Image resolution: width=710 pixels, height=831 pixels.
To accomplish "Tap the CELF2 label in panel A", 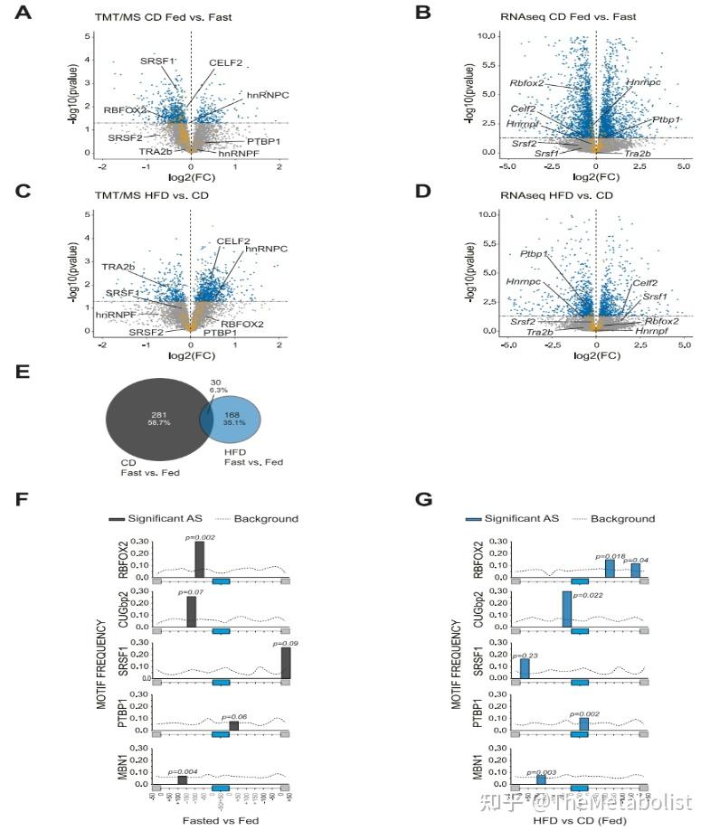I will coord(225,62).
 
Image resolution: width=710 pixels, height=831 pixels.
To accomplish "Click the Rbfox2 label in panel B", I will coord(526,83).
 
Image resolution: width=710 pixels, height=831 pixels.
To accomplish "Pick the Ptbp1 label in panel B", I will coord(666,119).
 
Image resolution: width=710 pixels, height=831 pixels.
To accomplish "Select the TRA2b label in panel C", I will coord(118,267).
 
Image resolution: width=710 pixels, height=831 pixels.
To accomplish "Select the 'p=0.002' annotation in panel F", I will coord(200,538).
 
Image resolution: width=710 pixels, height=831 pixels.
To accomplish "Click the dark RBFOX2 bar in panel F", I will coord(199,559).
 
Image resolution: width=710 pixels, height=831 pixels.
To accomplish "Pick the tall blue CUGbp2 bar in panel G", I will coord(567,609).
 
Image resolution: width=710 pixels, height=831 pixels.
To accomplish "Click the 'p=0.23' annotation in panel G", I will coord(525,656).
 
